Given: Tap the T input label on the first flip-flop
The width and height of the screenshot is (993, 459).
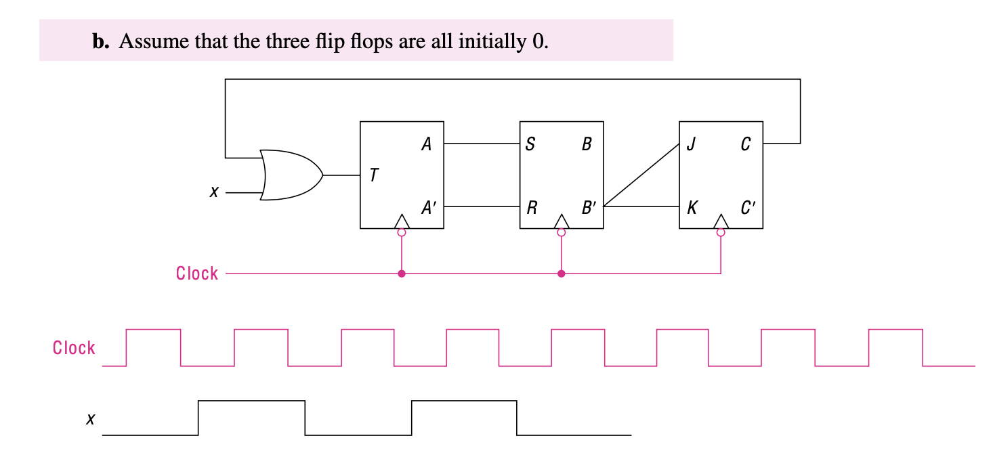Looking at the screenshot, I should coord(374,176).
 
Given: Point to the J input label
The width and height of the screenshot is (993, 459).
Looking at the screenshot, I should coord(690,144).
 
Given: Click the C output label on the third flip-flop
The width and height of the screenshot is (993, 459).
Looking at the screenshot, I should coord(745,144).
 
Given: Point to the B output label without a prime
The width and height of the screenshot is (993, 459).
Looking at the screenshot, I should coord(586,144).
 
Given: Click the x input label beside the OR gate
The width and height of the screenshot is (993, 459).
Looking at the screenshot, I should coord(214,193).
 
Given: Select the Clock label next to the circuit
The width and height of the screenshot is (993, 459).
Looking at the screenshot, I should coord(197,274).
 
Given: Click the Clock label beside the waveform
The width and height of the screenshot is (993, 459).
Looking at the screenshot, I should coord(74,348).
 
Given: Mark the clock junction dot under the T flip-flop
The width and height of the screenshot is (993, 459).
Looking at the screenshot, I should coord(402,274).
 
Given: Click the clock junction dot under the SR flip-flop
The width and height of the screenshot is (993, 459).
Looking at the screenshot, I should coord(561,274).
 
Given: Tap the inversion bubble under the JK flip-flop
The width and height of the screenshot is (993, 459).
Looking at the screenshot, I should coord(721,232).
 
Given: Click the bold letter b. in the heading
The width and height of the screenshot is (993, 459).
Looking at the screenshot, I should coord(100,42).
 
